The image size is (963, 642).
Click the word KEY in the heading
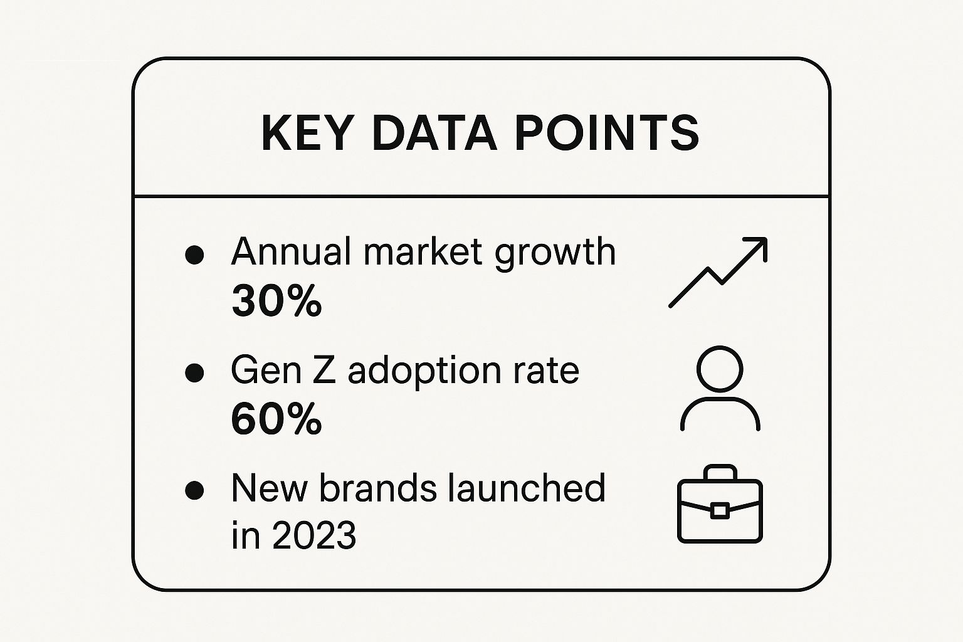pyautogui.click(x=305, y=133)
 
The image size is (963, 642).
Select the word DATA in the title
pyautogui.click(x=434, y=133)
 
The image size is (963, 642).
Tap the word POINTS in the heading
pyautogui.click(x=607, y=133)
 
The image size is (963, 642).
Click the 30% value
pyautogui.click(x=276, y=300)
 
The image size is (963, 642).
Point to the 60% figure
pyautogui.click(x=276, y=418)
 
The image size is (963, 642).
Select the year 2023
pyautogui.click(x=314, y=535)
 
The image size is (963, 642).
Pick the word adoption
pyautogui.click(x=424, y=372)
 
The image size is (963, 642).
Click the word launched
pyautogui.click(x=526, y=488)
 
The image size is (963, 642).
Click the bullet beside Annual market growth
pyautogui.click(x=194, y=255)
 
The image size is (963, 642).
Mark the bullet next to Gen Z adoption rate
pyautogui.click(x=194, y=372)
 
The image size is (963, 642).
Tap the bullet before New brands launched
pyautogui.click(x=194, y=490)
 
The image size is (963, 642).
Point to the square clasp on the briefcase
pyautogui.click(x=720, y=510)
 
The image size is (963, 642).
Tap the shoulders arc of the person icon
pyautogui.click(x=720, y=399)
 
